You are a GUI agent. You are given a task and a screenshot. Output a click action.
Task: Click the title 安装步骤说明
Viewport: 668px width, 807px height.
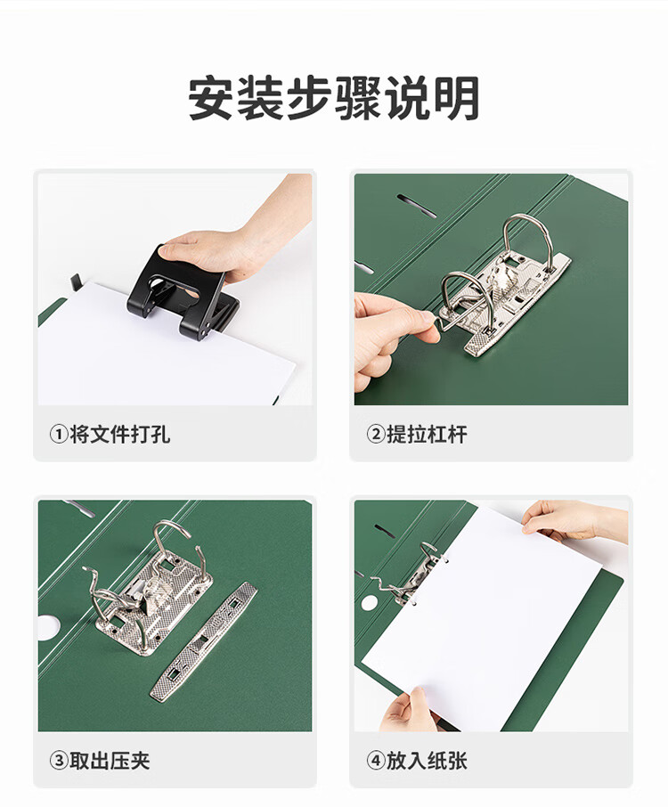pyautogui.click(x=334, y=98)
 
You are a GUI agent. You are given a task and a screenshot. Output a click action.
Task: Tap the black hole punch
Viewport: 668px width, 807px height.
pyautogui.click(x=183, y=291)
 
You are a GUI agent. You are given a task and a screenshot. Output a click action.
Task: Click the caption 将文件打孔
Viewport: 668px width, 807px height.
pyautogui.click(x=120, y=434)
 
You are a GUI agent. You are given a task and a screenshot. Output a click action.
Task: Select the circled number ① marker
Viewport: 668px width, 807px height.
pyautogui.click(x=59, y=435)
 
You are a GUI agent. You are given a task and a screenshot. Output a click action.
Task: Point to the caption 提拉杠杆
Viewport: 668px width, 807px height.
pyautogui.click(x=427, y=434)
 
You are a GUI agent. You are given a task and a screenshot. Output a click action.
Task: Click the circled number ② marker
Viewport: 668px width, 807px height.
pyautogui.click(x=376, y=435)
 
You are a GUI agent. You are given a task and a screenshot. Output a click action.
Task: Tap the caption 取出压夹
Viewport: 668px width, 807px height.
pyautogui.click(x=110, y=760)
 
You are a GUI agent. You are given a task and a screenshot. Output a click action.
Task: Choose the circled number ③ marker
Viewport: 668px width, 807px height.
pyautogui.click(x=59, y=761)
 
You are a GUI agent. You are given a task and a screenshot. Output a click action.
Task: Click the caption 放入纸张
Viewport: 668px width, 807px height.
pyautogui.click(x=427, y=760)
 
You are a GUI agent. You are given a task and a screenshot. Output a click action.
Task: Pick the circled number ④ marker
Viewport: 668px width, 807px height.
pyautogui.click(x=376, y=761)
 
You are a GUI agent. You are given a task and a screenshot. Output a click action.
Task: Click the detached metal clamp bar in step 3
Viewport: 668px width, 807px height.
pyautogui.click(x=203, y=640)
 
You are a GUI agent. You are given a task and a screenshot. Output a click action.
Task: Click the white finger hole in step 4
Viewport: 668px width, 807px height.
pyautogui.click(x=370, y=603)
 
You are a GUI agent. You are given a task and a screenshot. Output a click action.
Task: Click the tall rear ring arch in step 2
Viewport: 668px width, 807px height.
pyautogui.click(x=527, y=232)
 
